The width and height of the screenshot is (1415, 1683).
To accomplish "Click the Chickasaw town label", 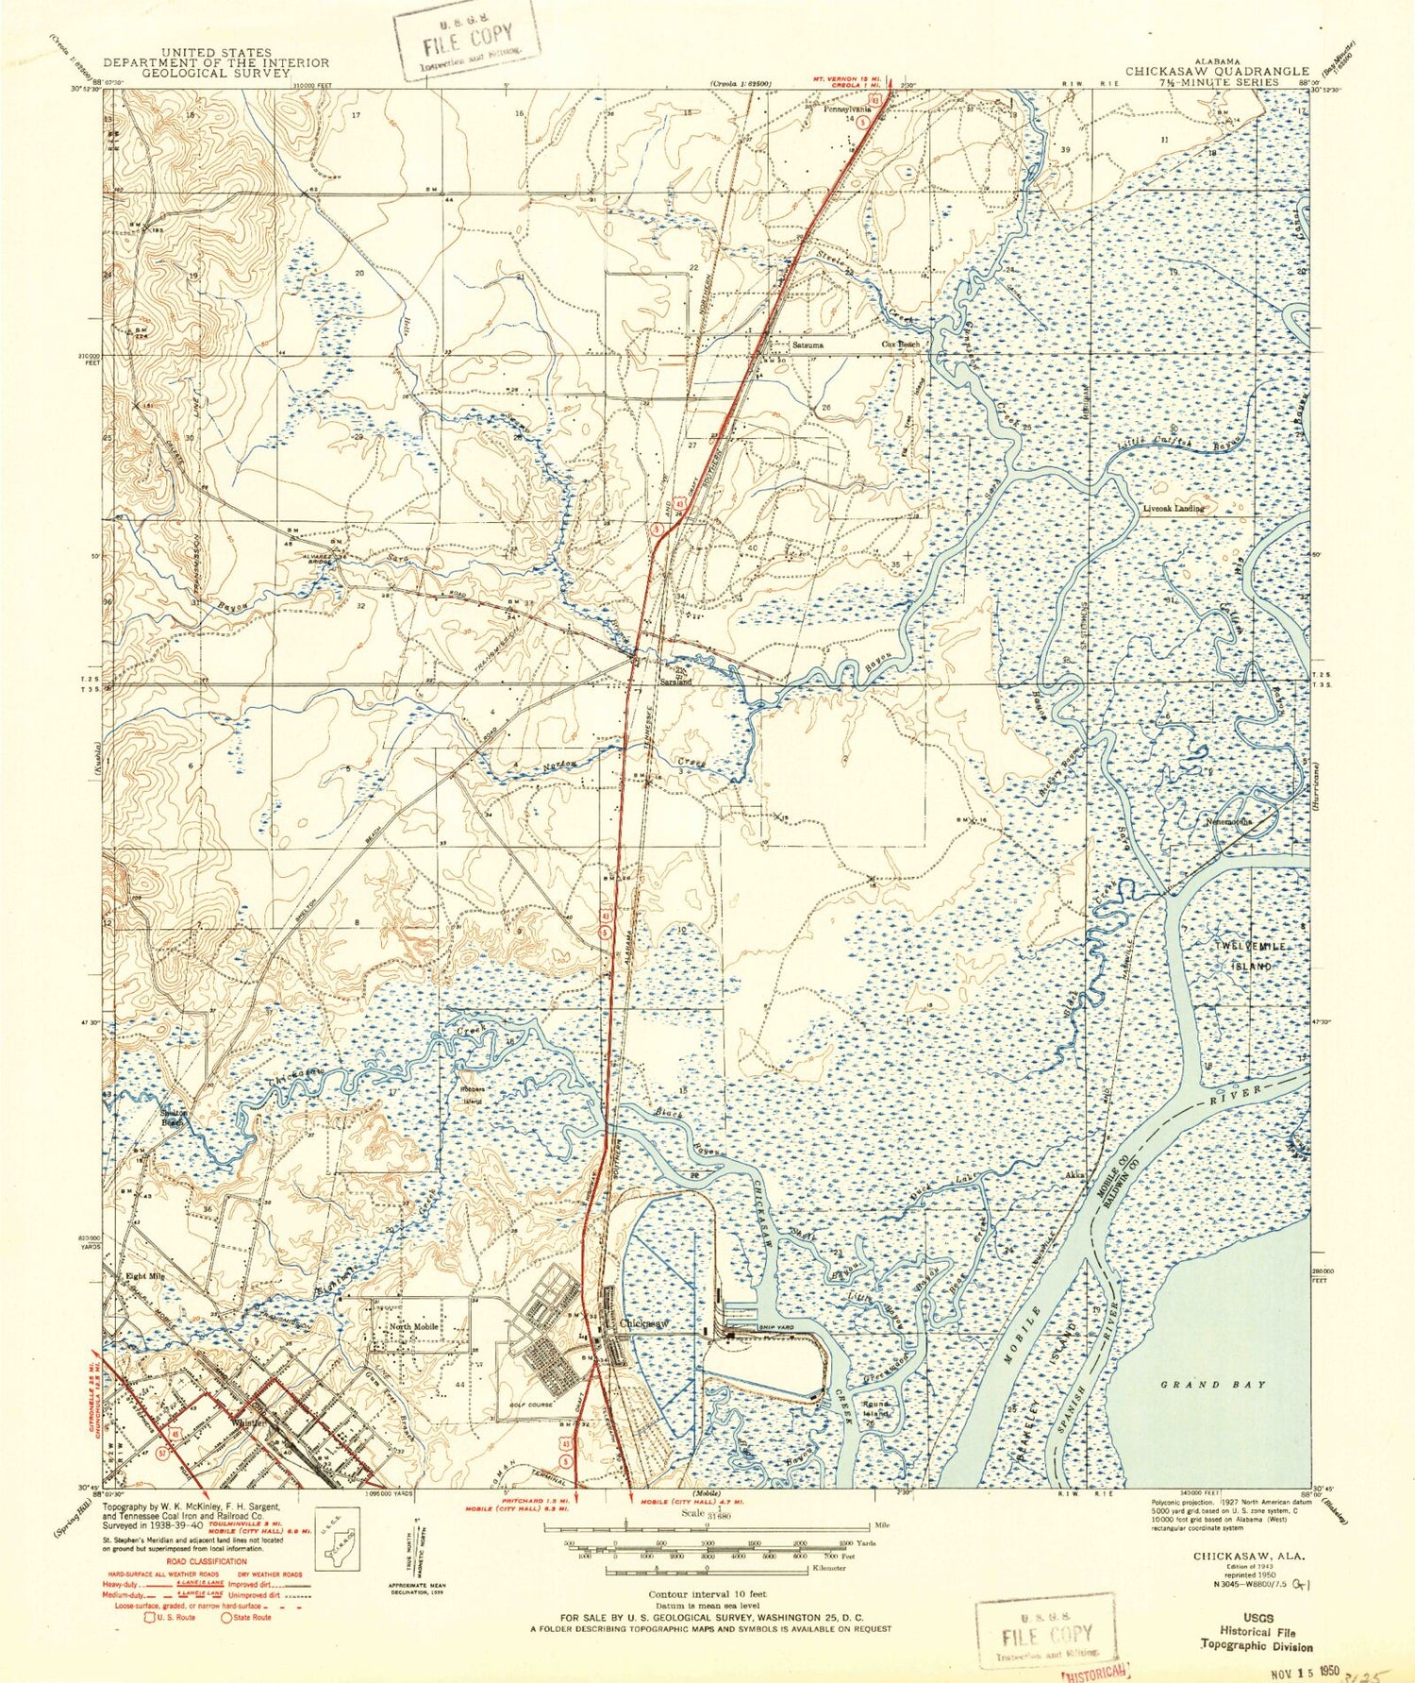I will click(643, 1323).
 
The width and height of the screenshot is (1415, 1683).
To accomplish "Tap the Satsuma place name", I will click(807, 345).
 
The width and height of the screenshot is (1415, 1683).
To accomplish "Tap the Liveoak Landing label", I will click(1174, 509).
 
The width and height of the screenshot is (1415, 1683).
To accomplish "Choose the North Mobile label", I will click(414, 1326).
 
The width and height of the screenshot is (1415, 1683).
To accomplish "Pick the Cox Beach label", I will click(901, 345).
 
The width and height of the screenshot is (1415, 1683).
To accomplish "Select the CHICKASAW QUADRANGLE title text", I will click(1216, 71).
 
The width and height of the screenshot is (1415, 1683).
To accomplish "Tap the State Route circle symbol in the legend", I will click(227, 1617).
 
